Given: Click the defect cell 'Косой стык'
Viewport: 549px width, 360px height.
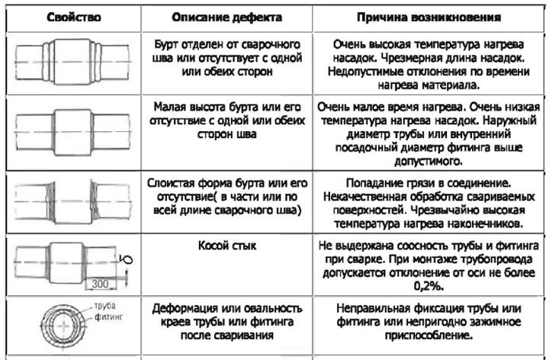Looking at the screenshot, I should [226, 246].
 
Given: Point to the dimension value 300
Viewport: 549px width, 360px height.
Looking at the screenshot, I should [98, 284].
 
